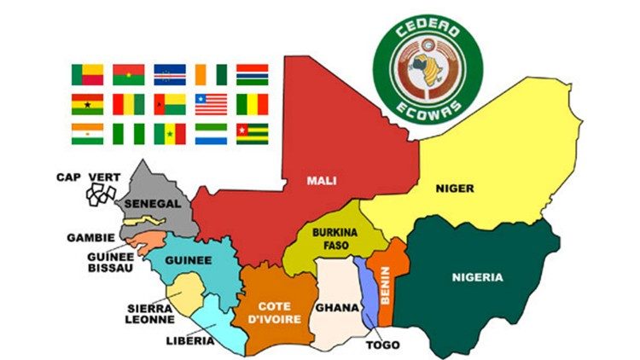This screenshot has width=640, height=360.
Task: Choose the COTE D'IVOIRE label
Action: point(276,312)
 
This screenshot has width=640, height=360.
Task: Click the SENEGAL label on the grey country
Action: point(152,205)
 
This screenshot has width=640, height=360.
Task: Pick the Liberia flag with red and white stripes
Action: point(211,104)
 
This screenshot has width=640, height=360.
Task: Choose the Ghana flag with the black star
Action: point(87,104)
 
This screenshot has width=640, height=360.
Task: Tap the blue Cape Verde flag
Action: point(169,74)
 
